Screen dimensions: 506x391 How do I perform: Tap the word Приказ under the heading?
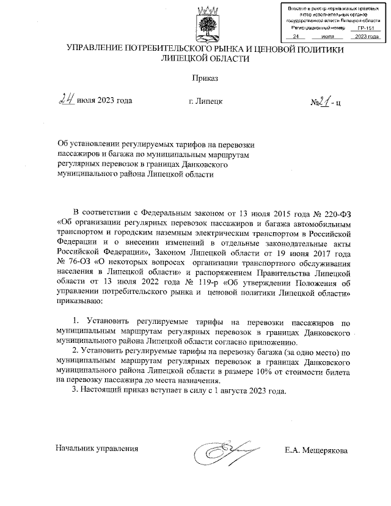[x=205, y=78]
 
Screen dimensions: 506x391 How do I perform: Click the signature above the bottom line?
[x=223, y=452]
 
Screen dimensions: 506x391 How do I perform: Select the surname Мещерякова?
[x=323, y=451]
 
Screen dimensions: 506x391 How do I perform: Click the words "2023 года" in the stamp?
[x=366, y=37]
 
